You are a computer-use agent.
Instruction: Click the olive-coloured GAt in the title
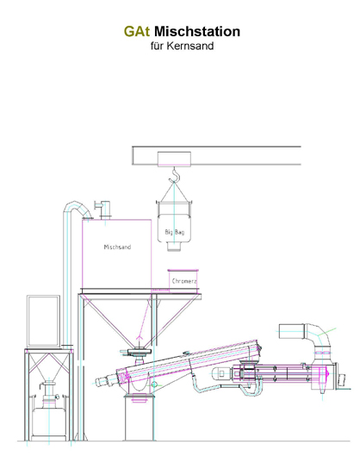coord(137,31)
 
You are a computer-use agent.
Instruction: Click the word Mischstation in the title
coord(197,31)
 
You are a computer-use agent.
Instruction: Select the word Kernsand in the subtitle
coord(190,46)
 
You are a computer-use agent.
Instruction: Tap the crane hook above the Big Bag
coord(174,176)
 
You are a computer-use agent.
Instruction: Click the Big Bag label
coord(175,232)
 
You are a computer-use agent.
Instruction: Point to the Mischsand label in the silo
coord(117,247)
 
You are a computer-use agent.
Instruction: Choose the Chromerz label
coord(184,281)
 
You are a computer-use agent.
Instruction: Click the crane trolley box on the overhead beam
coord(174,159)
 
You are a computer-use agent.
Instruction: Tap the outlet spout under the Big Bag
coord(174,247)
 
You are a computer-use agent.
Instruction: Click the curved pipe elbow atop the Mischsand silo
coord(78,206)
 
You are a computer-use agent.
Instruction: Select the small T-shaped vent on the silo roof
coord(103,209)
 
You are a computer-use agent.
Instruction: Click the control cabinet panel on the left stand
coord(44,321)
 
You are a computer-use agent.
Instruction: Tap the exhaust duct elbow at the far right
coord(318,335)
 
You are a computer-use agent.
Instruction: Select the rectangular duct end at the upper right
coord(292,331)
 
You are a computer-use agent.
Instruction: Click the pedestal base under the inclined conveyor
coord(140,417)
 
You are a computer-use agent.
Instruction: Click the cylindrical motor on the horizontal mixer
coord(221,374)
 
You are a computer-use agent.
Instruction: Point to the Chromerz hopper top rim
coord(183,271)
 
